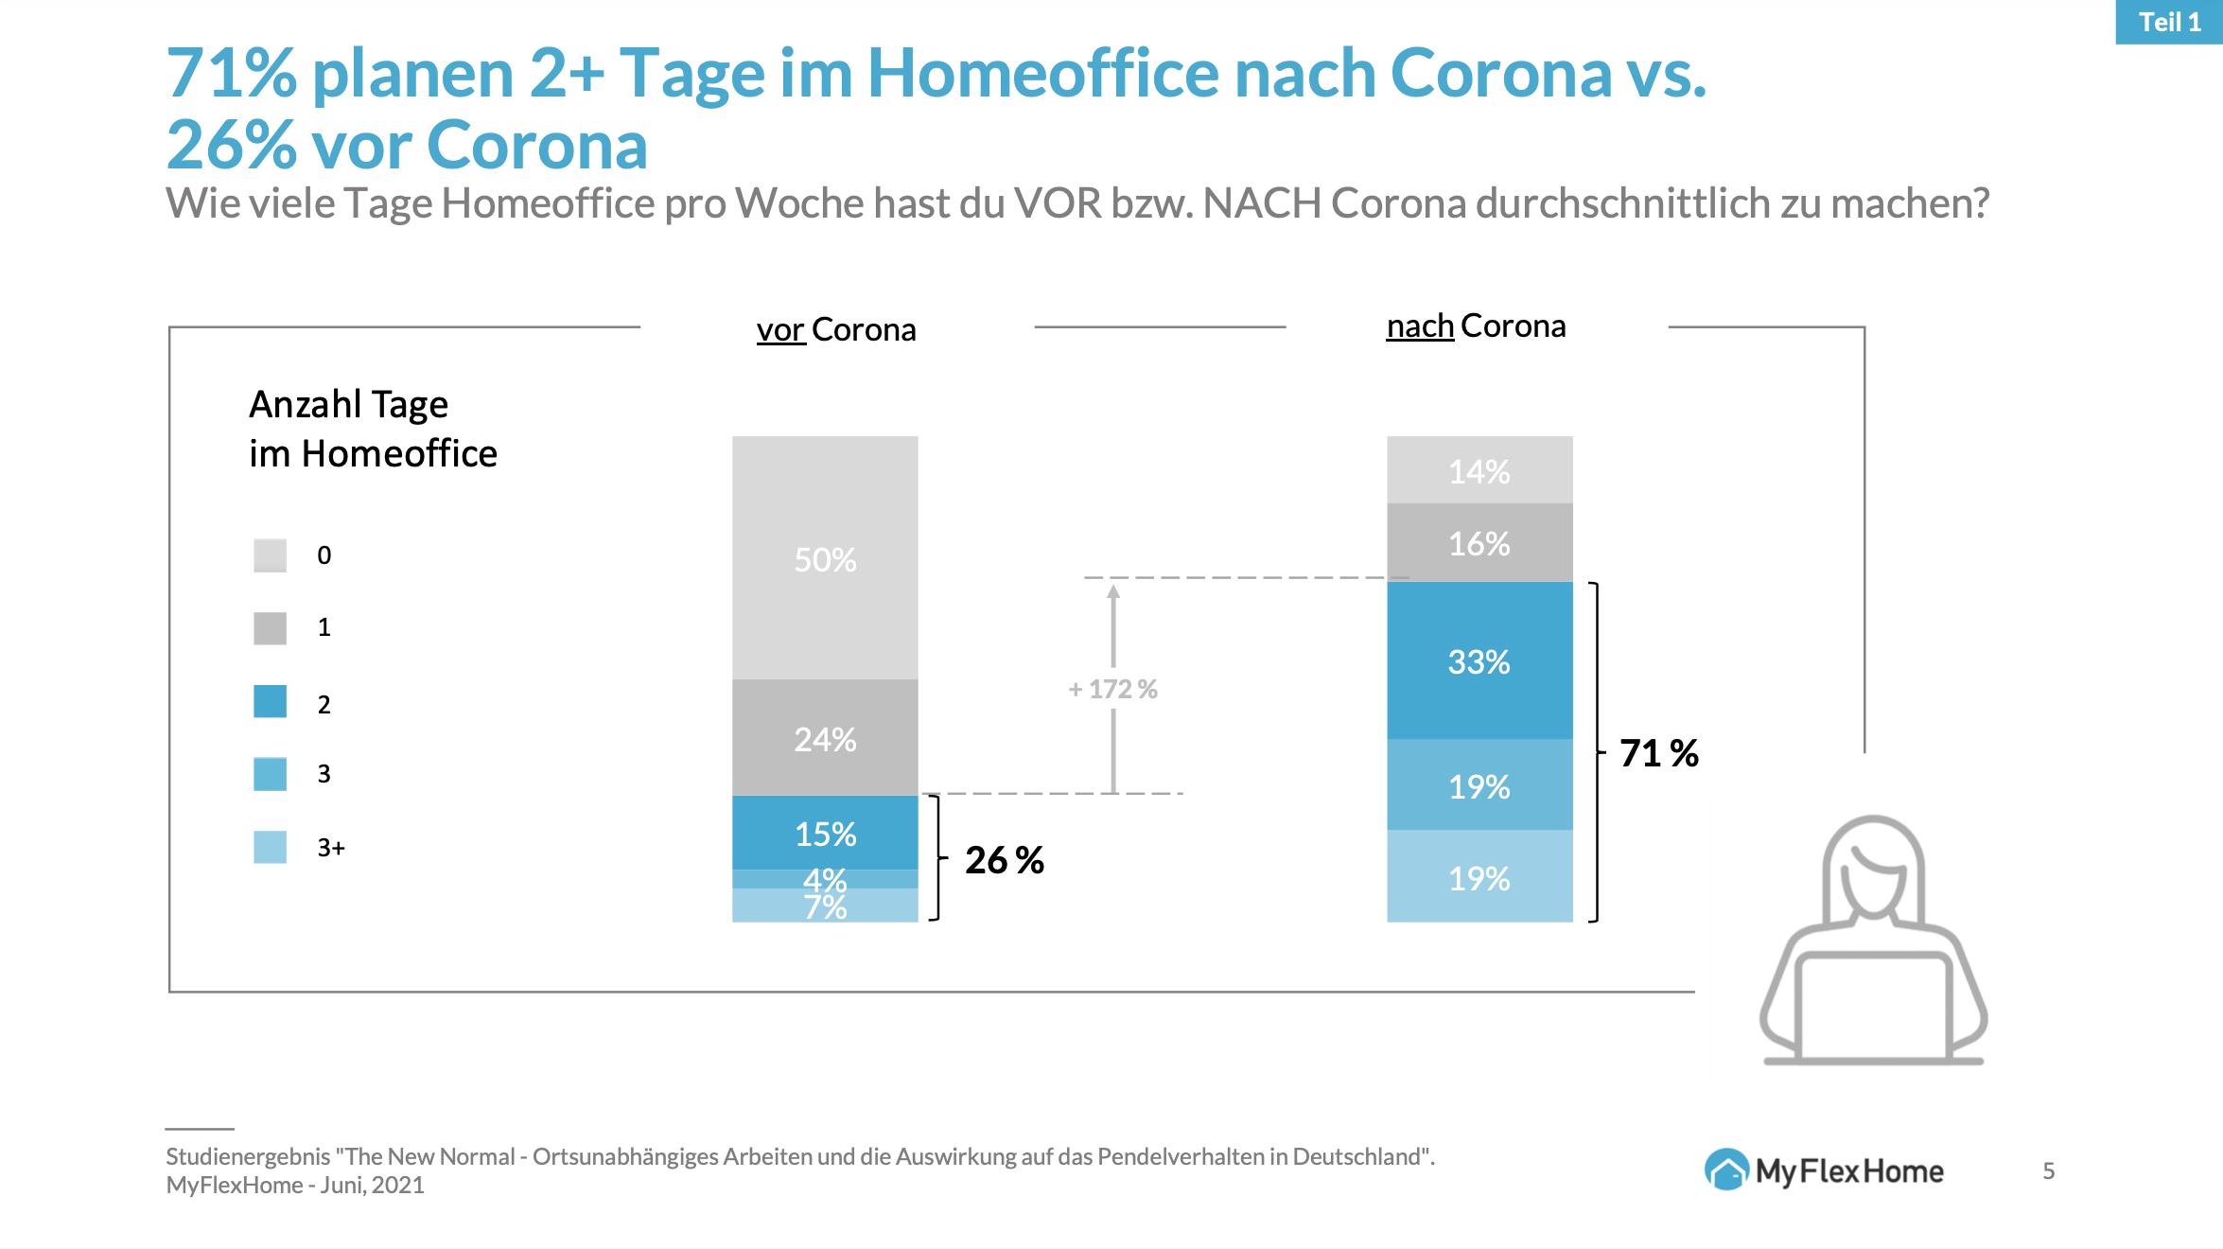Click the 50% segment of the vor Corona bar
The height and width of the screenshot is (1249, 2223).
(825, 558)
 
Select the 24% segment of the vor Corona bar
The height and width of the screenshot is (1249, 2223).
(825, 738)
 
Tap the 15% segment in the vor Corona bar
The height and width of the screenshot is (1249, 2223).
(825, 833)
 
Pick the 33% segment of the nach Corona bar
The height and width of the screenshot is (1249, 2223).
(1479, 660)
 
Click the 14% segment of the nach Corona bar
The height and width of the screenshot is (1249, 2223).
(1479, 470)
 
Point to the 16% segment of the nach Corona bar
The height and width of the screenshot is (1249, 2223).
(1479, 543)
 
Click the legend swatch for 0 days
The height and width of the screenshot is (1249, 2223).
(270, 555)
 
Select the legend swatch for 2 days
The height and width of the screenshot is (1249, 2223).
(270, 702)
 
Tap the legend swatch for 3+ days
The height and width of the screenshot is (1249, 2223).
(270, 847)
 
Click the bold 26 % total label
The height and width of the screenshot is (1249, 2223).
(1004, 860)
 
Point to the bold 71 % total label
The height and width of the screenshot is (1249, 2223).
(1658, 753)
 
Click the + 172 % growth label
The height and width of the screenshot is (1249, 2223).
(1112, 689)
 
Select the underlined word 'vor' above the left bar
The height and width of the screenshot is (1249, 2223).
(780, 330)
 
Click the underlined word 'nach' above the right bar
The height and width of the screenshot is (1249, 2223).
(1419, 326)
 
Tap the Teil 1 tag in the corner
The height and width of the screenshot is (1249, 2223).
(2169, 22)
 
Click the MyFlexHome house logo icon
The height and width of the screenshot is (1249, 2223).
(1726, 1170)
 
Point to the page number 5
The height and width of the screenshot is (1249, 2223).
(2048, 1171)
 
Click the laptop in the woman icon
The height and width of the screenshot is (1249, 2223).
(1873, 1008)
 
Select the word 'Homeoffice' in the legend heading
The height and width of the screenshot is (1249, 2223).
(399, 454)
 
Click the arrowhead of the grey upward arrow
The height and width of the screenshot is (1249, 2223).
(1113, 592)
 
